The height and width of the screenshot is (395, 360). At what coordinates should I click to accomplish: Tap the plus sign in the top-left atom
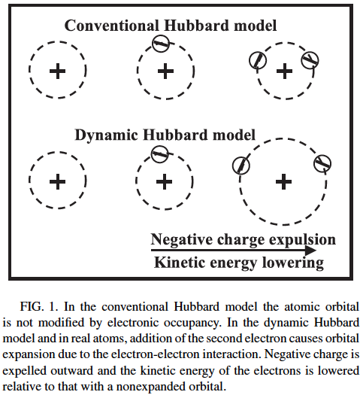[x=58, y=71]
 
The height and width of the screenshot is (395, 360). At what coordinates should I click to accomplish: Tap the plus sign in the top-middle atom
[x=165, y=71]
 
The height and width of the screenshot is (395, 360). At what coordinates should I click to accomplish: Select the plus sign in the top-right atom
[x=284, y=71]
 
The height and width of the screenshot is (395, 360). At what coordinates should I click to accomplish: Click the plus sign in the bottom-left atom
[x=58, y=181]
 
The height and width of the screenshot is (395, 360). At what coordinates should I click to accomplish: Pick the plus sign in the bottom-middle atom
[x=165, y=181]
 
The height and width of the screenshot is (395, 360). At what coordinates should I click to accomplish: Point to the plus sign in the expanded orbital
[x=283, y=181]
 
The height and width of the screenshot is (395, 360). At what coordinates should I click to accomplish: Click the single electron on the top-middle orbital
[x=161, y=44]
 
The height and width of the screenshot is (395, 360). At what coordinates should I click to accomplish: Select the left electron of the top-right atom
[x=258, y=60]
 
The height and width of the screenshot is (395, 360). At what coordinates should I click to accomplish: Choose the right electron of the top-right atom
[x=310, y=60]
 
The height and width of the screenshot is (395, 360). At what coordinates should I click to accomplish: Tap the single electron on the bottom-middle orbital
[x=159, y=154]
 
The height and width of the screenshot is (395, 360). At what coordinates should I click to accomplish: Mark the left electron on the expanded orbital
[x=241, y=166]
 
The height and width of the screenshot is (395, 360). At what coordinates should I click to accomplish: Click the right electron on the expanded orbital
[x=322, y=164]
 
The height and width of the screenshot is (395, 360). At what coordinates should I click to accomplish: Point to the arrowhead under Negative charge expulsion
[x=310, y=250]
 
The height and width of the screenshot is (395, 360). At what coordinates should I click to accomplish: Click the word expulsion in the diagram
[x=302, y=240]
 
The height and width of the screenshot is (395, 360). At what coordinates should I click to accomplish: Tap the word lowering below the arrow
[x=293, y=263]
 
